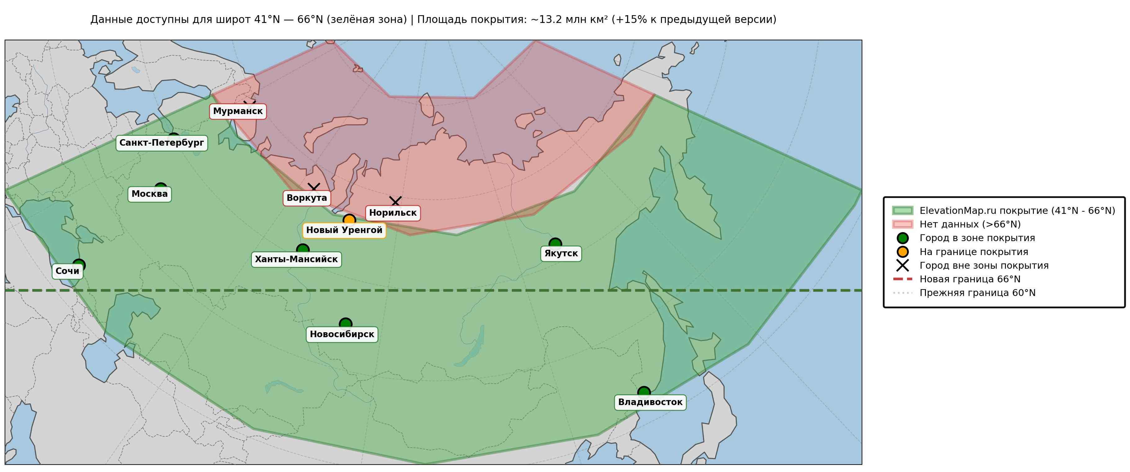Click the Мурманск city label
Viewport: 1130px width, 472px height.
click(238, 111)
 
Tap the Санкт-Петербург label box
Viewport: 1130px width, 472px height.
click(161, 143)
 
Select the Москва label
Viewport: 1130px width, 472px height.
click(150, 194)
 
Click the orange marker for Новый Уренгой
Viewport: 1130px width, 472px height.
click(349, 219)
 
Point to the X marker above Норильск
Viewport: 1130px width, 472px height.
click(395, 201)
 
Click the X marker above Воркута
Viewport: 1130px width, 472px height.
click(314, 188)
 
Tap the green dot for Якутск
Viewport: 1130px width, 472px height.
click(555, 244)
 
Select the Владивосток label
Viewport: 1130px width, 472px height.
click(650, 402)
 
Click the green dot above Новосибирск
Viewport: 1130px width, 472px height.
click(346, 324)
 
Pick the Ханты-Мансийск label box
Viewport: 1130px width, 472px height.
click(296, 259)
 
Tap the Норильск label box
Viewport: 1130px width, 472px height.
click(393, 213)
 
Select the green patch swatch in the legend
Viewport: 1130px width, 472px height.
click(902, 211)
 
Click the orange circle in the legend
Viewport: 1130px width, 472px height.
click(902, 252)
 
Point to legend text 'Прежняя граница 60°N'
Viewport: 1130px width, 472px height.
click(977, 293)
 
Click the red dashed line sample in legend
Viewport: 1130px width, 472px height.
click(902, 279)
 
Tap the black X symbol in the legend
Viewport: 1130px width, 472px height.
click(902, 266)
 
